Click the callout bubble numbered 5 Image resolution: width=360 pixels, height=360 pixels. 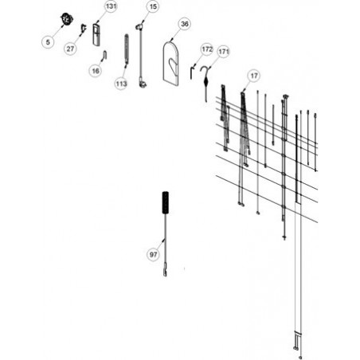click(48, 42)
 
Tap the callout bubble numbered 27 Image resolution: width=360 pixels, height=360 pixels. click(70, 49)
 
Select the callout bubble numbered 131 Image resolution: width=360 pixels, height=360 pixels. click(111, 6)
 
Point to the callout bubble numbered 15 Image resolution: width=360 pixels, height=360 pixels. click(153, 6)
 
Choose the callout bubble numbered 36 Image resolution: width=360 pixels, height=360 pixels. click(185, 24)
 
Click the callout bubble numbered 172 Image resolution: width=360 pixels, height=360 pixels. click(207, 49)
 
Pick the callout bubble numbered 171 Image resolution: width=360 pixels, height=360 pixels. click(224, 52)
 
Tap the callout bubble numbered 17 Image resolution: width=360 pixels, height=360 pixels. click(254, 76)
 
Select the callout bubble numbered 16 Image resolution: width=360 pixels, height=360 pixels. click(96, 71)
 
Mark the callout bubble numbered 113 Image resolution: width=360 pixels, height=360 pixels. click(121, 84)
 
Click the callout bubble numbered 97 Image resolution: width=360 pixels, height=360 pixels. click(153, 255)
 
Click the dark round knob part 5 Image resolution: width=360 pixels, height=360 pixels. click(67, 18)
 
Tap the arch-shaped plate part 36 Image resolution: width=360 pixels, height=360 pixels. click(170, 64)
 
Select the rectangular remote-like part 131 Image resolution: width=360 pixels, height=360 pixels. click(96, 35)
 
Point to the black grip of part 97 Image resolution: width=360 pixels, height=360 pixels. click(166, 202)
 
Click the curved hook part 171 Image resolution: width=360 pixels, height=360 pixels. click(205, 82)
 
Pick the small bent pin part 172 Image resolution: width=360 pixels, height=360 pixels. click(191, 73)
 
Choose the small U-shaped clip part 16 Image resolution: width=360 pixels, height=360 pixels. click(104, 55)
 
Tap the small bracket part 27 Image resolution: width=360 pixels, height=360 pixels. click(84, 28)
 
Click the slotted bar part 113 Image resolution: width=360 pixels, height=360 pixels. click(127, 49)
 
